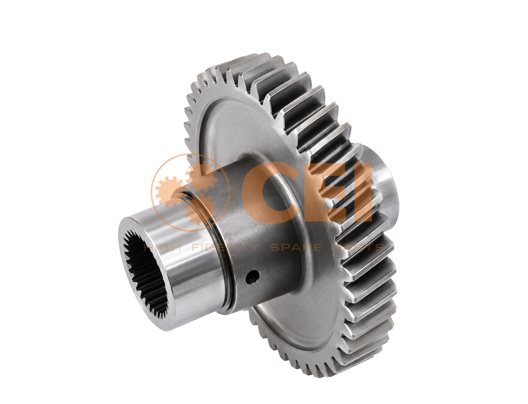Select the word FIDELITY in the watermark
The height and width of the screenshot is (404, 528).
[x=225, y=247]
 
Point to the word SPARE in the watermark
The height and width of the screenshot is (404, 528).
[x=296, y=247]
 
